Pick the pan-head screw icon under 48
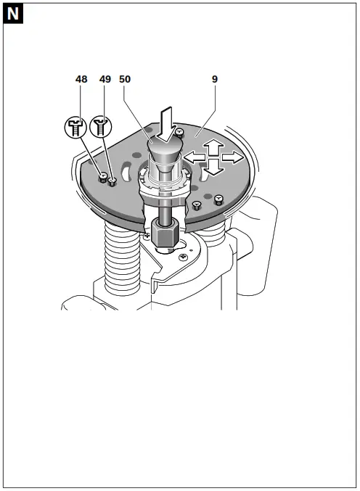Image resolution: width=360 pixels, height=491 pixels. point(75,128)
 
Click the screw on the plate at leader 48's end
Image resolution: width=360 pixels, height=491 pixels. point(104,177)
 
